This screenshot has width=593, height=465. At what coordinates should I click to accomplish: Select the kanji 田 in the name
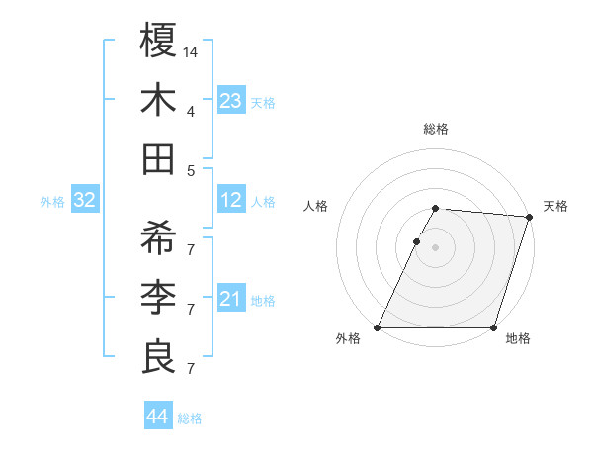(159, 159)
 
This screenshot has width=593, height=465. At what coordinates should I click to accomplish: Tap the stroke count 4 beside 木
(191, 111)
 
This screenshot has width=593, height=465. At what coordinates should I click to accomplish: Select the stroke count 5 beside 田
(191, 170)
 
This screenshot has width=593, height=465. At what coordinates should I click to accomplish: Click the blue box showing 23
(230, 100)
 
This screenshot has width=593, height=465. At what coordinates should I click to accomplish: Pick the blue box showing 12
(230, 201)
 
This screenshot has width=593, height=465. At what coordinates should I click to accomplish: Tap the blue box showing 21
(230, 299)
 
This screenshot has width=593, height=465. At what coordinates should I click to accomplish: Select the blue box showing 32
(84, 201)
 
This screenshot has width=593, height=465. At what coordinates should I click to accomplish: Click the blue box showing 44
(157, 417)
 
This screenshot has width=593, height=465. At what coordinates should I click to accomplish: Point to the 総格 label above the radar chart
(436, 129)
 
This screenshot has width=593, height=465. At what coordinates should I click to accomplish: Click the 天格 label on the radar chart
(555, 206)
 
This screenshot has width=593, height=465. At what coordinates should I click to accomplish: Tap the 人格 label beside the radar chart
(315, 206)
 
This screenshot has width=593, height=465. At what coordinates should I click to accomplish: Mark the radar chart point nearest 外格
(378, 327)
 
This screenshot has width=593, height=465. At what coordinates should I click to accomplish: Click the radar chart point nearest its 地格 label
(493, 327)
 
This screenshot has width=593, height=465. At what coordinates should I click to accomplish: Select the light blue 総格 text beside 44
(190, 418)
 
